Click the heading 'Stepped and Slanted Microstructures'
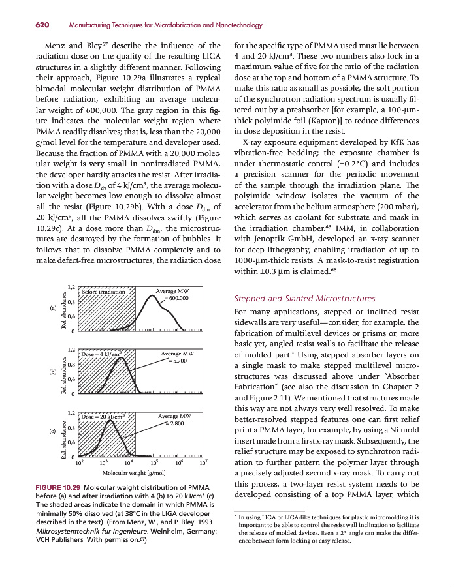point(304,299)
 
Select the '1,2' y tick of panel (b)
point(71,350)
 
